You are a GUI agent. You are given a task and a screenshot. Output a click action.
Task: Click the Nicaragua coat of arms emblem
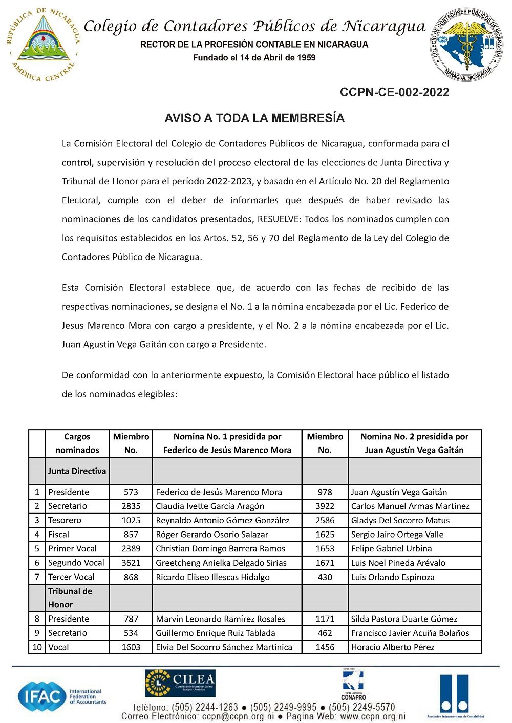(44, 45)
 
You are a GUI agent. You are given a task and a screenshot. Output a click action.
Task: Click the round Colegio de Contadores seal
(466, 45)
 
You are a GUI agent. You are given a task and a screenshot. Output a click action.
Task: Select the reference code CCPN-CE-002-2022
(394, 92)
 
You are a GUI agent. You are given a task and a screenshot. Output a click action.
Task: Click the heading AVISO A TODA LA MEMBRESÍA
(254, 118)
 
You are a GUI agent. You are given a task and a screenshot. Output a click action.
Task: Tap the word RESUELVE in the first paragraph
(279, 219)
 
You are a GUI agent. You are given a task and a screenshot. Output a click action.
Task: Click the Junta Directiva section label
(77, 471)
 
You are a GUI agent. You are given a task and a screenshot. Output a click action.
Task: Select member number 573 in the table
(131, 492)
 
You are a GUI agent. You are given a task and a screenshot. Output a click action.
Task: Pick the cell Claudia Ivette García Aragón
(210, 506)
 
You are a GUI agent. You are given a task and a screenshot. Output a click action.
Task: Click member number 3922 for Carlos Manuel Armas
(325, 506)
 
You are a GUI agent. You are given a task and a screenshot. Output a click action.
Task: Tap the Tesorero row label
(65, 520)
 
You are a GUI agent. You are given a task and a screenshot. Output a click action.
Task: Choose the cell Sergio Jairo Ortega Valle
(397, 535)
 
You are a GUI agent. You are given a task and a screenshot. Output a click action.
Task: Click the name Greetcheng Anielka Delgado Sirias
(221, 563)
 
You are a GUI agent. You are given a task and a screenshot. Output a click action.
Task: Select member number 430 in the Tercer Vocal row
(325, 577)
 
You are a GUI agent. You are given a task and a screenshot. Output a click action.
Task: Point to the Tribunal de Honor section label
(70, 598)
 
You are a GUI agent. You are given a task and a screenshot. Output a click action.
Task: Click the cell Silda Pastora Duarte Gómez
(404, 619)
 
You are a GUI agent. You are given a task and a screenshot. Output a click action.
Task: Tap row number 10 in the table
(37, 647)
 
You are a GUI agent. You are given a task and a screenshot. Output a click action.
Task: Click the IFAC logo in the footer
(61, 696)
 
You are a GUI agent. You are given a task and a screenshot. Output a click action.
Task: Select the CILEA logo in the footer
(180, 683)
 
